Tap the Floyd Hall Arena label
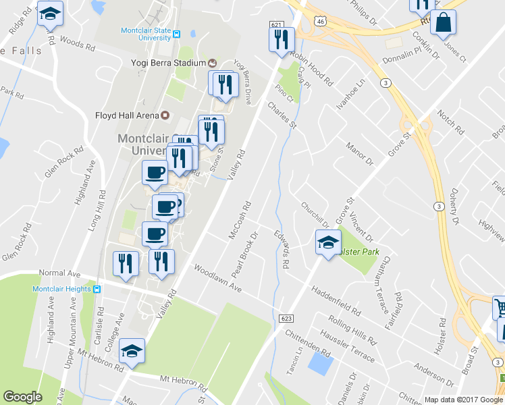pyautogui.click(x=127, y=115)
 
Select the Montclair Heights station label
pyautogui.click(x=62, y=289)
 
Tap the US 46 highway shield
pyautogui.click(x=322, y=22)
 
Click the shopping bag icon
pyautogui.click(x=443, y=23)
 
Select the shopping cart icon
pyautogui.click(x=500, y=308)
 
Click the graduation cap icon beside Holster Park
pyautogui.click(x=328, y=242)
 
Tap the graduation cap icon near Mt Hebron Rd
pyautogui.click(x=132, y=350)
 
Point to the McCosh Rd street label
pyautogui.click(x=240, y=219)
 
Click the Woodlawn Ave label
pyautogui.click(x=217, y=277)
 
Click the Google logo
pyautogui.click(x=22, y=398)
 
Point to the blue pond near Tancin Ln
pyautogui.click(x=319, y=362)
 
